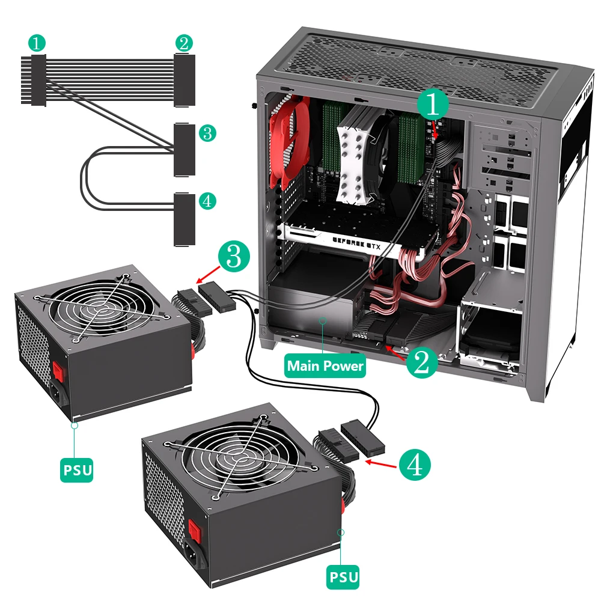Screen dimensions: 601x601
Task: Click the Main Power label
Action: point(326,365)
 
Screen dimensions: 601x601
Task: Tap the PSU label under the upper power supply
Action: point(77,469)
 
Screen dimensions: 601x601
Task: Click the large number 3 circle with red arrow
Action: point(234,257)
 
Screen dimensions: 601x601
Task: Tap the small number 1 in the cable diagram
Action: point(37,43)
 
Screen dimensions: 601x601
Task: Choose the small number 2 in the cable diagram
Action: point(185,43)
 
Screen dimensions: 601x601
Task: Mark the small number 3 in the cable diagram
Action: point(207,133)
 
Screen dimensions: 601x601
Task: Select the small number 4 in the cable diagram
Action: point(207,201)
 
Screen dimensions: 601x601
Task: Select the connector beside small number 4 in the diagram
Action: point(185,219)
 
